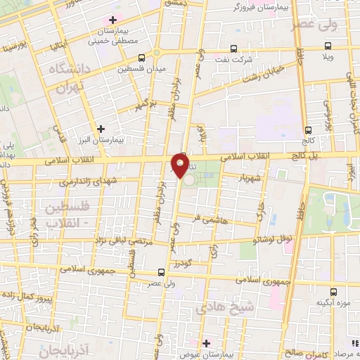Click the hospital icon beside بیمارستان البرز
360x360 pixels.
tap(103, 129)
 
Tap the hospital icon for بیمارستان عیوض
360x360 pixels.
tap(206, 342)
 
